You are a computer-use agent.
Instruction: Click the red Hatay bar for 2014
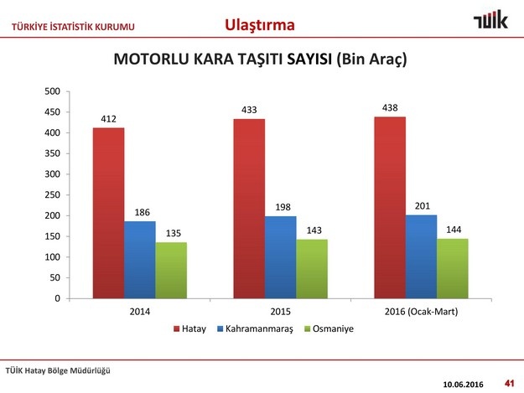pyautogui.click(x=109, y=213)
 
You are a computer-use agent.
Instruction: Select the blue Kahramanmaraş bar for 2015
pyautogui.click(x=281, y=257)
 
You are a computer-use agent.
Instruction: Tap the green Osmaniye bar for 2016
pyautogui.click(x=453, y=268)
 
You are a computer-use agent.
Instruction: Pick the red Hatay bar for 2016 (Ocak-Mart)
pyautogui.click(x=390, y=208)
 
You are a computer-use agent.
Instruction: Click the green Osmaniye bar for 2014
pyautogui.click(x=171, y=271)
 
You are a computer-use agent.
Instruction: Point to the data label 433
pyautogui.click(x=249, y=110)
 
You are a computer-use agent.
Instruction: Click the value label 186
pyautogui.click(x=142, y=212)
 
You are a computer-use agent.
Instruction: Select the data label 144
pyautogui.click(x=454, y=230)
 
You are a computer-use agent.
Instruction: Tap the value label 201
pyautogui.click(x=423, y=206)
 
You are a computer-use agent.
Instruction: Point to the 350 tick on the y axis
pyautogui.click(x=53, y=153)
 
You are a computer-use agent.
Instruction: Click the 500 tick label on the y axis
pyautogui.click(x=53, y=91)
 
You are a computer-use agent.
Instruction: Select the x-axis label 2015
pyautogui.click(x=280, y=312)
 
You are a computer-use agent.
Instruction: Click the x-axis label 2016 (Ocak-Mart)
pyautogui.click(x=421, y=312)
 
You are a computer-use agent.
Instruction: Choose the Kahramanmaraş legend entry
pyautogui.click(x=255, y=328)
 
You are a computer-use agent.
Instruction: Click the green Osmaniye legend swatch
pyautogui.click(x=308, y=328)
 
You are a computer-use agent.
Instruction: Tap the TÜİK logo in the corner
pyautogui.click(x=491, y=20)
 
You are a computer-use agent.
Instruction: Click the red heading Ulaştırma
pyautogui.click(x=260, y=25)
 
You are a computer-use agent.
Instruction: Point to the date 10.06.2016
pyautogui.click(x=463, y=385)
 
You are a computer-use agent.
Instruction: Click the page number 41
pyautogui.click(x=509, y=383)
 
